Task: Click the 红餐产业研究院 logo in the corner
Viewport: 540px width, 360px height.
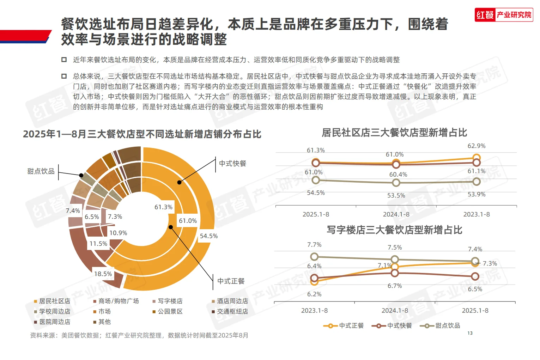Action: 503,15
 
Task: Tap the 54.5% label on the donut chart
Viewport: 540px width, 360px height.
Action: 208,236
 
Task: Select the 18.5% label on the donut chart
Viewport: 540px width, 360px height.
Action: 103,274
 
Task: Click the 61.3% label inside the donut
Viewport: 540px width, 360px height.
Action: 163,207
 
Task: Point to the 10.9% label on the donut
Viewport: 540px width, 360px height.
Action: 118,233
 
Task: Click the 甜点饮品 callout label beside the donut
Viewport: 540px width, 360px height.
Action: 41,171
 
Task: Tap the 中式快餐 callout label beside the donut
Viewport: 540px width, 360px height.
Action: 232,164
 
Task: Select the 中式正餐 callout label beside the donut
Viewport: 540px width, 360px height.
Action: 231,281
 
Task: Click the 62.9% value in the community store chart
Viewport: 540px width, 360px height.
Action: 477,146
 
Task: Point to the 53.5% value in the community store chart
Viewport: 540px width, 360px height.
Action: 396,195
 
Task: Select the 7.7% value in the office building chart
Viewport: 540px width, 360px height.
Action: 314,245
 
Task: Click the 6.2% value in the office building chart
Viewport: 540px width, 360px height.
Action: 314,294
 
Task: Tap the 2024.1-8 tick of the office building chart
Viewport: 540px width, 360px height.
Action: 395,311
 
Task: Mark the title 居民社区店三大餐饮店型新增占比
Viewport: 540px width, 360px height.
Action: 394,133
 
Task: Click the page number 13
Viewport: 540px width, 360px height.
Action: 470,333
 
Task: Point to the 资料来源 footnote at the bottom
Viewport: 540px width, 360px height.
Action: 139,335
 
